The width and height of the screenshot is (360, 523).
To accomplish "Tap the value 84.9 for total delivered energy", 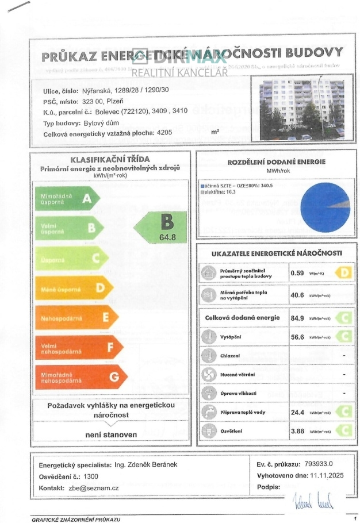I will tap(298, 317).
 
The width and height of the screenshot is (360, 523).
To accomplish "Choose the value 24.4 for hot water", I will tap(298, 412).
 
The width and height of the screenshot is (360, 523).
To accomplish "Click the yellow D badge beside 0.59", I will tap(343, 273).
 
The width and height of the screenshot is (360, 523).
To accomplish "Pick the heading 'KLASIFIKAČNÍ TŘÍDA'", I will tap(110, 159).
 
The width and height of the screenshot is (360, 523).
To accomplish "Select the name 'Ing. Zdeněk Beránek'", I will tap(144, 464).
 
